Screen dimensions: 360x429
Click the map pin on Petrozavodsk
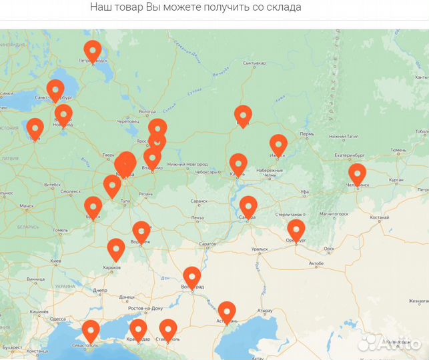(x=92, y=51)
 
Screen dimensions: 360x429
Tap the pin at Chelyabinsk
(x=357, y=173)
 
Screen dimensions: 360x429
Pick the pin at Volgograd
(x=192, y=277)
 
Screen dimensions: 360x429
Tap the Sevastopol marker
(x=90, y=331)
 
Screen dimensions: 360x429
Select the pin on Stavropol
(x=168, y=329)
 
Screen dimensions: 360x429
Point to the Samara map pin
(x=248, y=206)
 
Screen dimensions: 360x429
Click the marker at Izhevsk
(x=278, y=144)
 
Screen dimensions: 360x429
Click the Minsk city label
(x=27, y=206)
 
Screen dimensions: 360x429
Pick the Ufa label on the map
(x=304, y=191)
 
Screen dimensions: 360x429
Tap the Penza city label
(x=197, y=217)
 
